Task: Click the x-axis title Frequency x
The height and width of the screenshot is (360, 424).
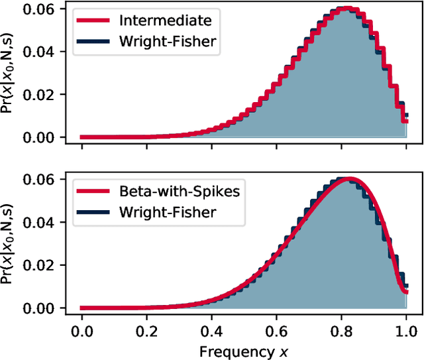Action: pyautogui.click(x=243, y=349)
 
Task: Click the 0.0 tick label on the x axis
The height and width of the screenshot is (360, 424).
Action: pyautogui.click(x=81, y=328)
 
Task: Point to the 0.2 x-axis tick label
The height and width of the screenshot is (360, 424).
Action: pyautogui.click(x=146, y=328)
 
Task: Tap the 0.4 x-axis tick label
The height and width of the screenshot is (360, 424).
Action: pyautogui.click(x=211, y=328)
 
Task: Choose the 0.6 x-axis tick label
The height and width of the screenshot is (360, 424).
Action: pyautogui.click(x=276, y=328)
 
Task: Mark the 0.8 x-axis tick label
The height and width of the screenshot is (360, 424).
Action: pyautogui.click(x=341, y=328)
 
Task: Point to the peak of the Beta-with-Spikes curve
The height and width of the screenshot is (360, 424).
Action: pyautogui.click(x=347, y=180)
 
